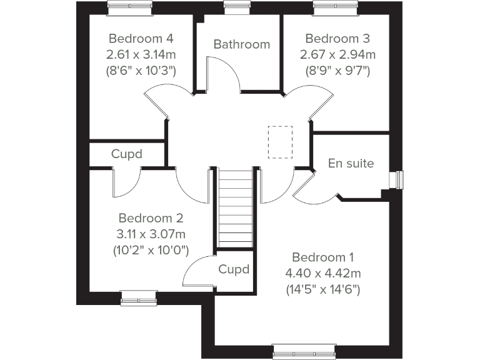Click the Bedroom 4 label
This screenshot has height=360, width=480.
pos(140,36)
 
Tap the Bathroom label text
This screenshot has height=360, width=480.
pos(241,44)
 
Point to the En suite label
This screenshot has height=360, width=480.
pos(351,164)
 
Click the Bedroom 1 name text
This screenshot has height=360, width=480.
pos(323,257)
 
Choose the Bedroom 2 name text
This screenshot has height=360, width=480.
pos(151,218)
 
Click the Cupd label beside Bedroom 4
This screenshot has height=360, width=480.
pos(127,154)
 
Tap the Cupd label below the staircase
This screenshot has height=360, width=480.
pos(234,269)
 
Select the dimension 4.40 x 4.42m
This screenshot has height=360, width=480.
pos(323,273)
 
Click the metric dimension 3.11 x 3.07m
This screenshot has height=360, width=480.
pos(151,234)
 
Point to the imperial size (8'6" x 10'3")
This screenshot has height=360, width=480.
pos(140,70)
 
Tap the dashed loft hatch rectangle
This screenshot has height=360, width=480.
pos(280,142)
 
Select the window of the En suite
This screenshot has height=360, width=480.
pos(396,179)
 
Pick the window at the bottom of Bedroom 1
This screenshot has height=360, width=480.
pos(295,352)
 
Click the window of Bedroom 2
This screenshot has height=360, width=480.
pos(139,298)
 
